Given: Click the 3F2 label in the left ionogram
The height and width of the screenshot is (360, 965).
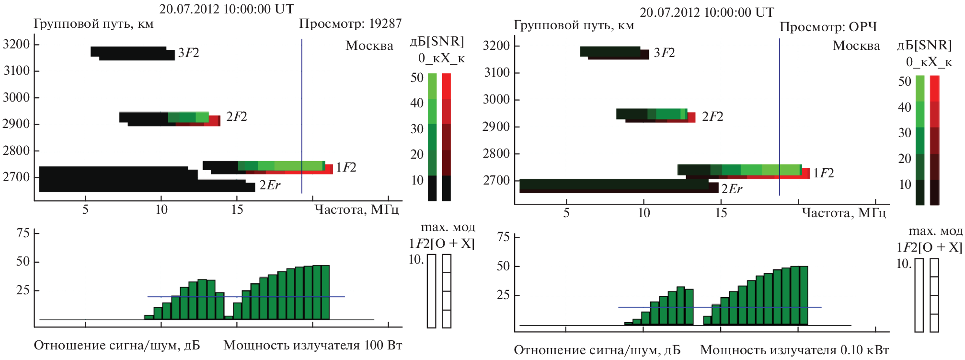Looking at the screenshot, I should (x=188, y=53).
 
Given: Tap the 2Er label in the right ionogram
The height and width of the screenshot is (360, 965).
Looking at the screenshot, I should (x=732, y=189).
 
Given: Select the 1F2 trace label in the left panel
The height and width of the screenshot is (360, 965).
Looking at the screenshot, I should (x=346, y=167).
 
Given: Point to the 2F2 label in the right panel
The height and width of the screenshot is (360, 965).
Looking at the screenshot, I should (x=712, y=116).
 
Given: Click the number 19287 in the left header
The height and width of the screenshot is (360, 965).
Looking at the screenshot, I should (x=385, y=23).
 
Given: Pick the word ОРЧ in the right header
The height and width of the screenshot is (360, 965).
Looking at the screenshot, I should (x=862, y=27).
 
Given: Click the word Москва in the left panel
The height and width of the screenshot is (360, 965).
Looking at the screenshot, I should (x=369, y=46).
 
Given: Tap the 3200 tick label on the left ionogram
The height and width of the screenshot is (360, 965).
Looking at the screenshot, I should (x=16, y=45).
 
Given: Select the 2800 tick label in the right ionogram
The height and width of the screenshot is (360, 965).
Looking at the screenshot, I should (x=496, y=153).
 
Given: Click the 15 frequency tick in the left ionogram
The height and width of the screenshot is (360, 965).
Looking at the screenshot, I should (x=237, y=209).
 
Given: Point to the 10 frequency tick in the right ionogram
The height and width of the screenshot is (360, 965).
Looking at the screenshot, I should (x=643, y=213).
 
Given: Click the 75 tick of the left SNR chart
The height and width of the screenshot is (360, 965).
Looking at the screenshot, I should (x=23, y=233).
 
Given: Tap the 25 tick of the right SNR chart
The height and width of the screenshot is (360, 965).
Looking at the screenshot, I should (x=503, y=295).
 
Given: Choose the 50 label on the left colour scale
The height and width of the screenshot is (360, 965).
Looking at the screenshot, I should (x=417, y=78).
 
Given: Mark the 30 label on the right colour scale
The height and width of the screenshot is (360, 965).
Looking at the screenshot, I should (x=905, y=132).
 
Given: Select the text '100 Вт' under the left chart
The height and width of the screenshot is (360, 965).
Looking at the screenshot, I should (x=383, y=345).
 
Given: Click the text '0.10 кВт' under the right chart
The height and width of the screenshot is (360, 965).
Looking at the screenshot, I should (x=864, y=350).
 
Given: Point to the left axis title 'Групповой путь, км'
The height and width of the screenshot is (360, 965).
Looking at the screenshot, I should (x=93, y=24).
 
